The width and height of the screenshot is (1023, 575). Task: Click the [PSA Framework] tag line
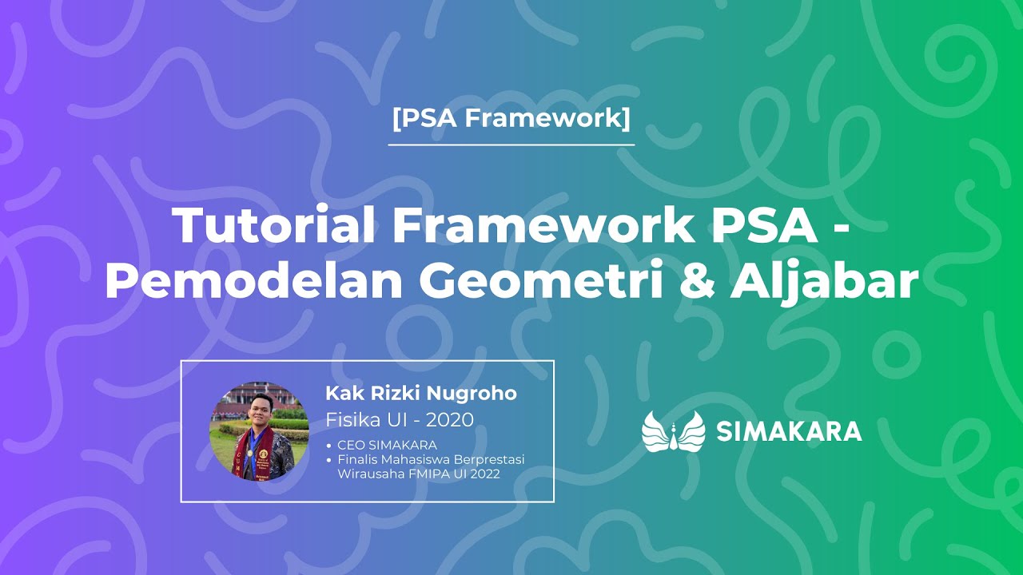click(x=511, y=119)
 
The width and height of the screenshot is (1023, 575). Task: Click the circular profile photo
click(x=259, y=431)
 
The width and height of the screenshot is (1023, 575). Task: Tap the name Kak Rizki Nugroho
click(x=421, y=394)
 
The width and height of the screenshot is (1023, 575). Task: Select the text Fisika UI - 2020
click(x=400, y=419)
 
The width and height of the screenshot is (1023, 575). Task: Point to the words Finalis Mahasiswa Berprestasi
click(x=431, y=459)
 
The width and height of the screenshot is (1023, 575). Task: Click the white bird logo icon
click(x=673, y=431)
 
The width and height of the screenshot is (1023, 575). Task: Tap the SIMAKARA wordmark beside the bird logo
click(x=789, y=431)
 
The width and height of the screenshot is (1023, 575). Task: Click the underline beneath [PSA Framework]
click(x=511, y=145)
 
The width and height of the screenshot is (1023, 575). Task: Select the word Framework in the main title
click(x=543, y=226)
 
